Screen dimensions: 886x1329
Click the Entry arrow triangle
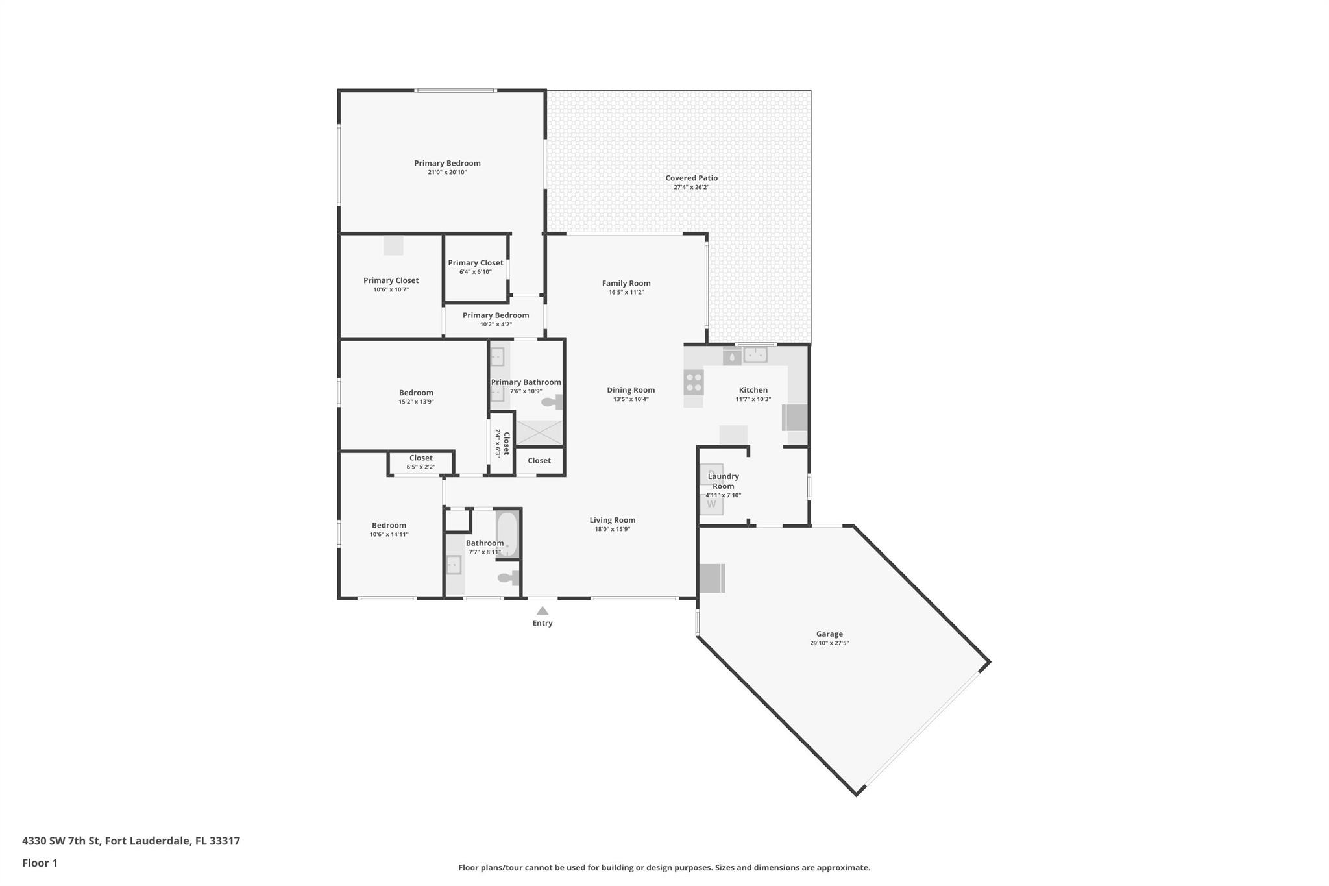(543, 611)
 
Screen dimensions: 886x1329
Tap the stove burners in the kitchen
(693, 382)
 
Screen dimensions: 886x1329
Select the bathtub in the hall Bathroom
(507, 534)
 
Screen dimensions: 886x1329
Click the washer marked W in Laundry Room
(711, 504)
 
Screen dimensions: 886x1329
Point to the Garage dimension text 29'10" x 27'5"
(829, 643)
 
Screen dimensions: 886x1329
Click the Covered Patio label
(691, 178)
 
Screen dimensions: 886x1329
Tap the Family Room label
(626, 283)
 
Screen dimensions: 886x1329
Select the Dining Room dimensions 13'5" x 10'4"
(631, 399)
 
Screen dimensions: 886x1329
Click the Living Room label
(612, 520)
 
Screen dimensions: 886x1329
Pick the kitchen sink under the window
(755, 354)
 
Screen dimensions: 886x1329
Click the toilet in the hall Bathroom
(508, 577)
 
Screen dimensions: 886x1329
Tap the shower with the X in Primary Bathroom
(539, 433)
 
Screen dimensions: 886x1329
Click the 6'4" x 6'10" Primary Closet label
(476, 263)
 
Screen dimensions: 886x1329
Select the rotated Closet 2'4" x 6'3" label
(502, 443)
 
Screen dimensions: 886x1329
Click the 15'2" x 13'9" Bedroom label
(416, 393)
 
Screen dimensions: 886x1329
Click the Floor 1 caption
(40, 863)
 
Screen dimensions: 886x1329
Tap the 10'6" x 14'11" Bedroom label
(389, 526)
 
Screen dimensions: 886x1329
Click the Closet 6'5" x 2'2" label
(421, 458)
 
